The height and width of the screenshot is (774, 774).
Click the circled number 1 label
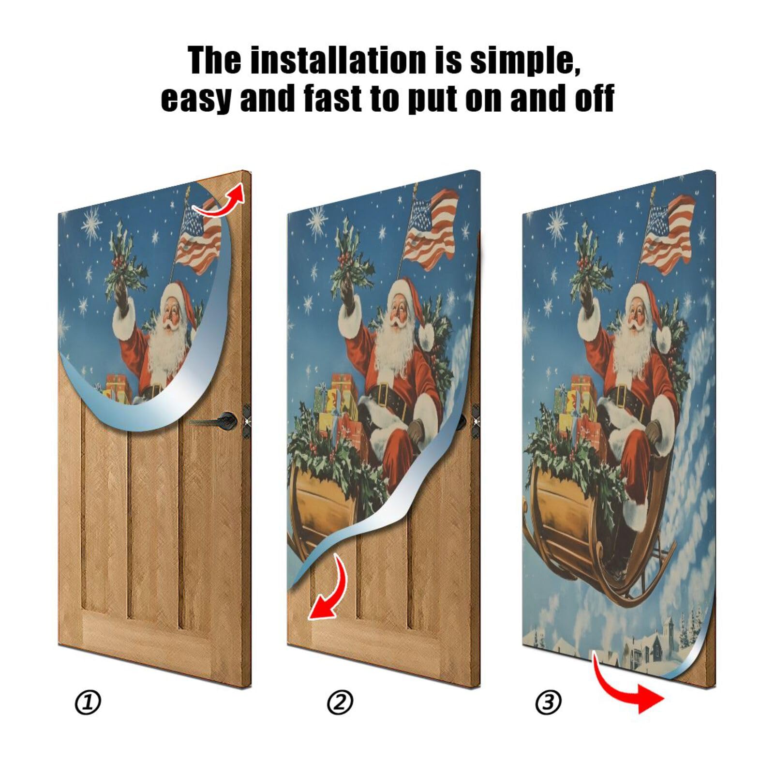pos(88,702)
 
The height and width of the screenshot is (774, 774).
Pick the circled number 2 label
pos(340,702)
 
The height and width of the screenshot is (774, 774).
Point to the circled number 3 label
pos(549,701)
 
